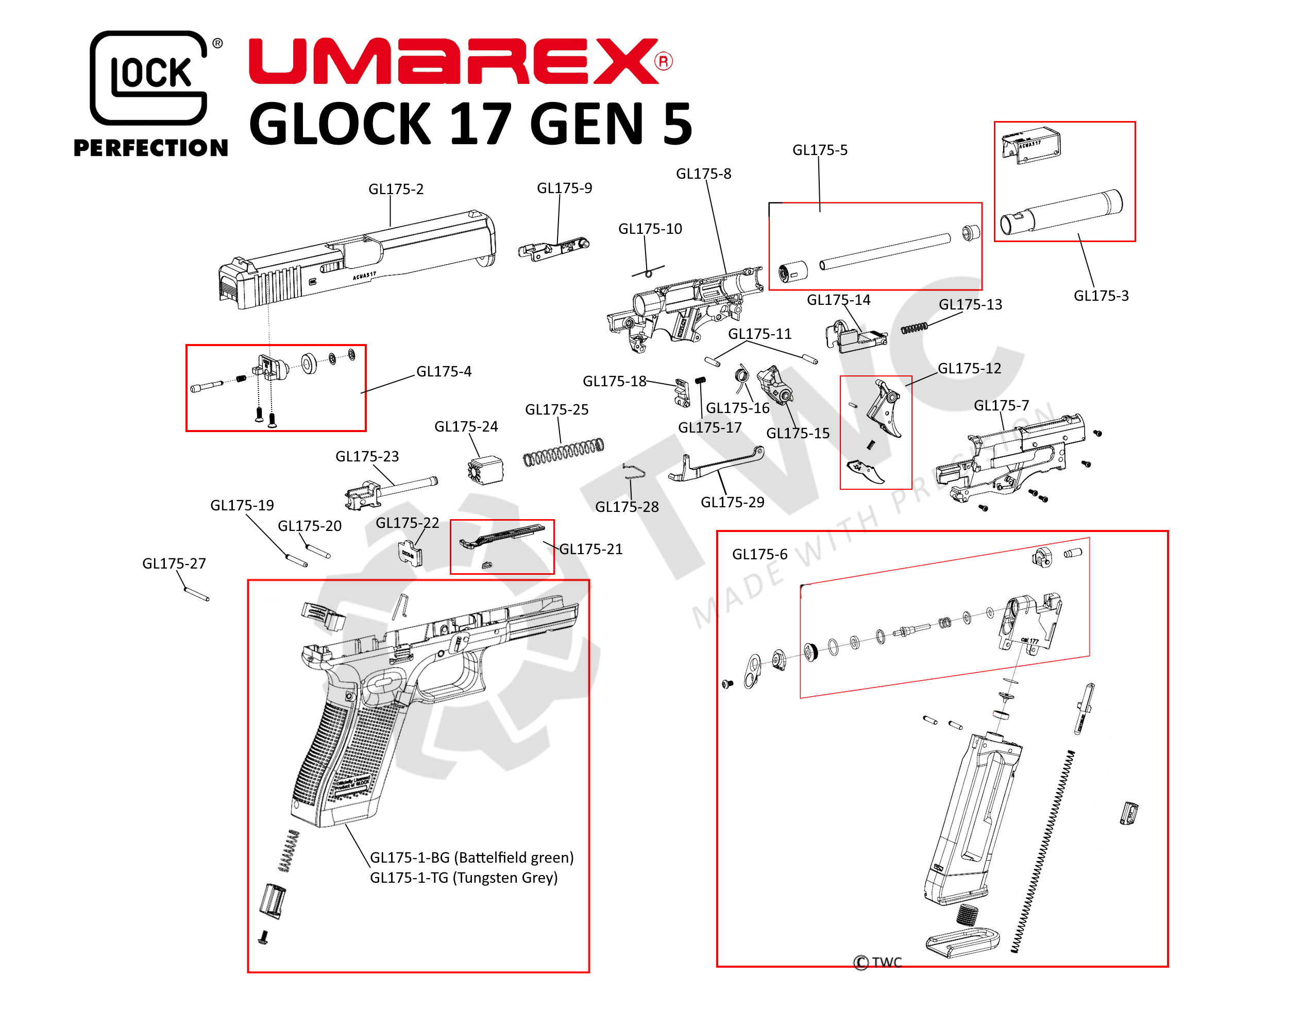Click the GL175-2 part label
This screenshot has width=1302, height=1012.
pos(396,189)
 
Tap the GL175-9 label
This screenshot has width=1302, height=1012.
pos(564,188)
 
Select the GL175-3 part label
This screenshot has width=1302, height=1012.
pos(1101,296)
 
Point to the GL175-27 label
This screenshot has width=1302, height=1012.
pos(174,563)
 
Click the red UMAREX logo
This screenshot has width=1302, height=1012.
pos(459,61)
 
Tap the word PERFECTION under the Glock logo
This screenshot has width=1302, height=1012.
pos(150,147)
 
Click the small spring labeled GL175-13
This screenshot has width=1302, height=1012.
pos(914,328)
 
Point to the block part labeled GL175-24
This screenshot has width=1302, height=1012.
pos(486,470)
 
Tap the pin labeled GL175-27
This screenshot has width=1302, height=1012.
pos(197,594)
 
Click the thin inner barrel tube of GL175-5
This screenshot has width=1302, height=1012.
pos(885,251)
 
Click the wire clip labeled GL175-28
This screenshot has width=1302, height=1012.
pos(634,471)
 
